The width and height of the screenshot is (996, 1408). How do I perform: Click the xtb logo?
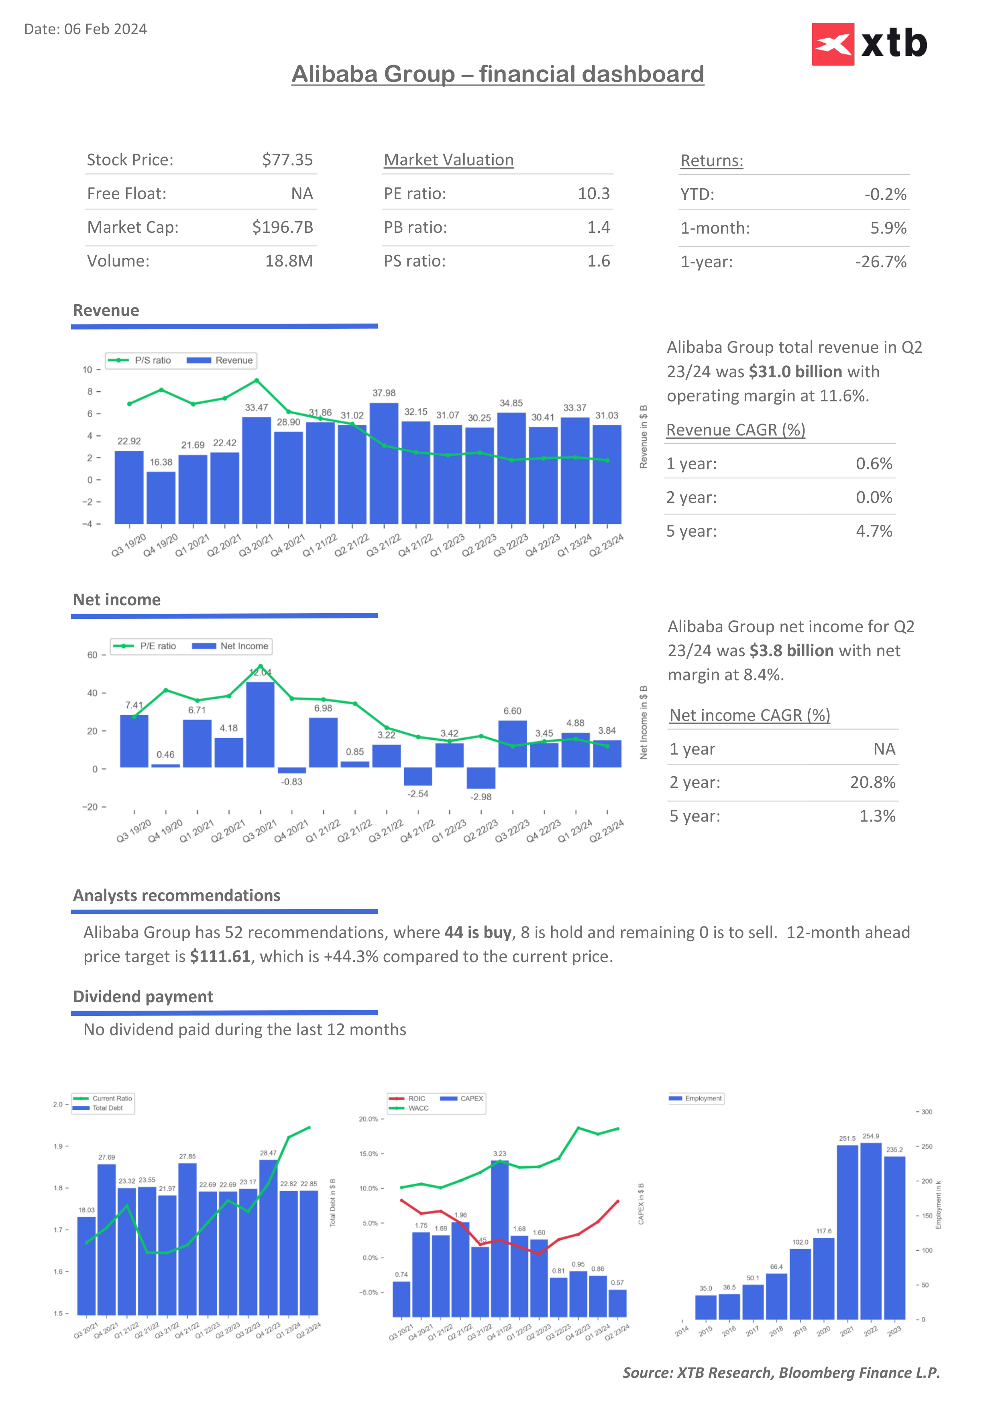(x=869, y=44)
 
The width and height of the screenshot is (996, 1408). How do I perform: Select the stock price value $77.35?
(x=287, y=160)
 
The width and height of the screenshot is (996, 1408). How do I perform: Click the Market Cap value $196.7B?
(x=282, y=228)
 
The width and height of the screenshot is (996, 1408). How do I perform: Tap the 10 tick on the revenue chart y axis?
(x=87, y=370)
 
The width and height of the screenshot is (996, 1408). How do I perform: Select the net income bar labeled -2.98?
(x=481, y=777)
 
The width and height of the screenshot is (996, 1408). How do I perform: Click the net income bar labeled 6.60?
(x=513, y=743)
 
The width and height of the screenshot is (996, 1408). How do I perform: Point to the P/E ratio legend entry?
(x=145, y=646)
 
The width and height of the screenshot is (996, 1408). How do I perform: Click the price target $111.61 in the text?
(x=220, y=956)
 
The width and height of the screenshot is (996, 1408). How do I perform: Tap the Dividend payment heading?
(x=143, y=997)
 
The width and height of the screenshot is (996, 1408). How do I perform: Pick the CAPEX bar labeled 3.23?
(x=500, y=1239)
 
